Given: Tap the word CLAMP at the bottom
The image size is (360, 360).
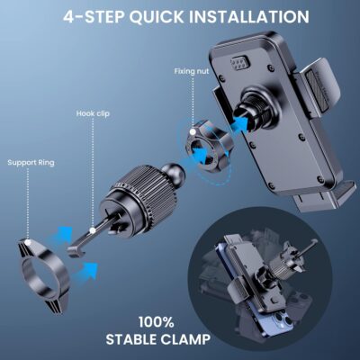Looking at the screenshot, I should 184,340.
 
